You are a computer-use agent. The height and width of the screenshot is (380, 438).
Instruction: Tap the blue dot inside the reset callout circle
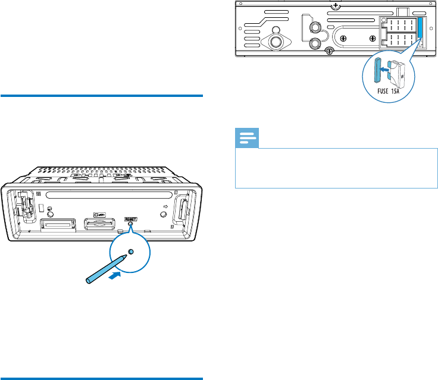click(x=131, y=252)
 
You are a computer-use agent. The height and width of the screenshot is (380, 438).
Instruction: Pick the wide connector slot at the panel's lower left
click(x=58, y=225)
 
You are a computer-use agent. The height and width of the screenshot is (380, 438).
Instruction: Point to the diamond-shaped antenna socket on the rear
click(x=276, y=42)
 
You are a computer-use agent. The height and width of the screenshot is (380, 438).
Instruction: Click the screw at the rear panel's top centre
click(x=337, y=6)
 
